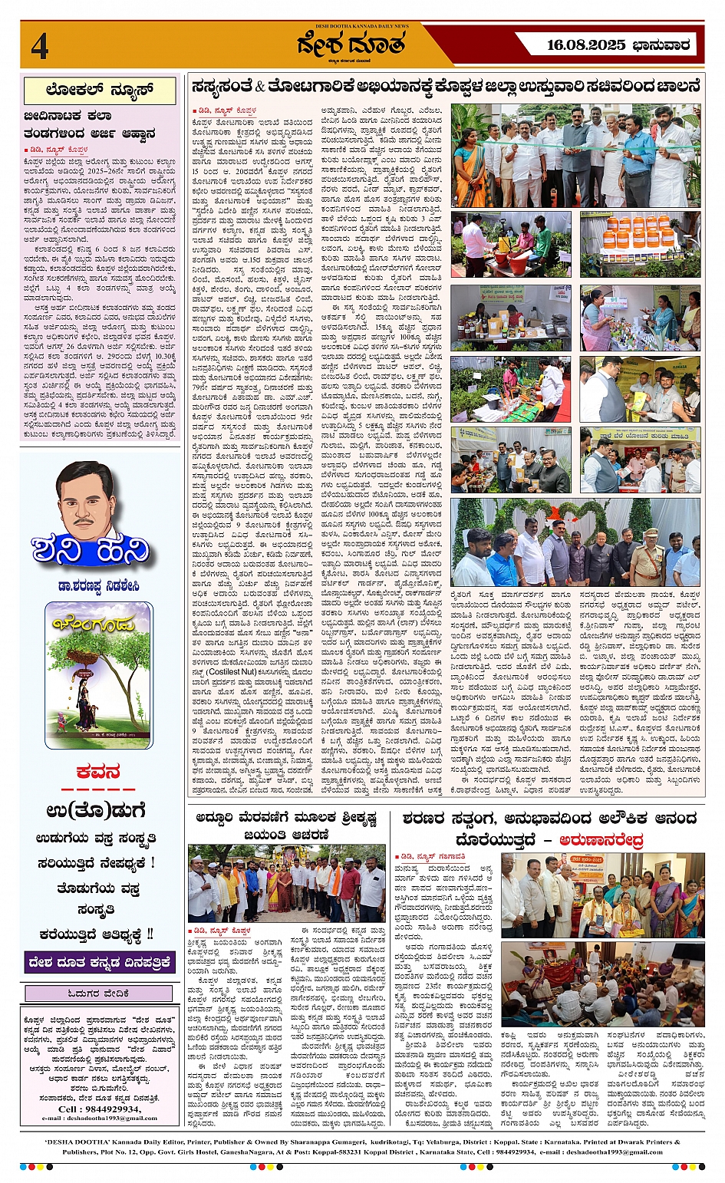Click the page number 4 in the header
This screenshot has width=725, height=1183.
(x=40, y=47)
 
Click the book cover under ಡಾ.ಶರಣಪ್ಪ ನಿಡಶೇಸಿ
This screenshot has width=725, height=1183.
(x=99, y=674)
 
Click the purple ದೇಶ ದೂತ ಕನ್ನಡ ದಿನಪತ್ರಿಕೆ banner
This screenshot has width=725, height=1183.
(x=99, y=961)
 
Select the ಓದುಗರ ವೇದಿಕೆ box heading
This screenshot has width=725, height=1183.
(x=99, y=994)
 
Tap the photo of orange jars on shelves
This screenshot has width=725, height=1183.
(x=640, y=245)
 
